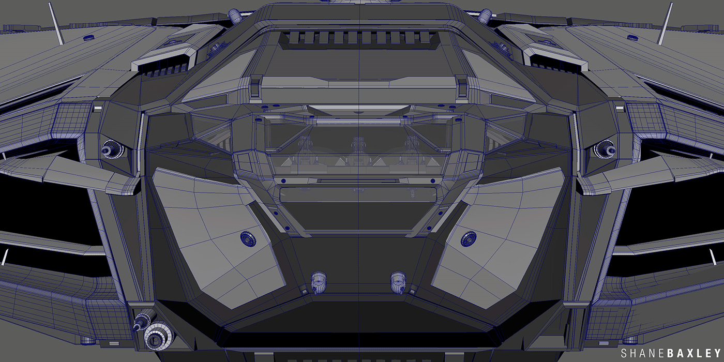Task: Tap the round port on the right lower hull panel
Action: (x=469, y=239)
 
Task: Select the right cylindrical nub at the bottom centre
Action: (x=397, y=280)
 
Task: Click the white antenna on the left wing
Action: (x=56, y=23)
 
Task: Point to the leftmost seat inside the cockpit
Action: (x=305, y=147)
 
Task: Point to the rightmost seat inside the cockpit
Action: (x=411, y=147)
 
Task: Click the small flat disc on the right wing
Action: (x=632, y=37)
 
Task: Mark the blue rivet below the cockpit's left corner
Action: (x=283, y=180)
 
